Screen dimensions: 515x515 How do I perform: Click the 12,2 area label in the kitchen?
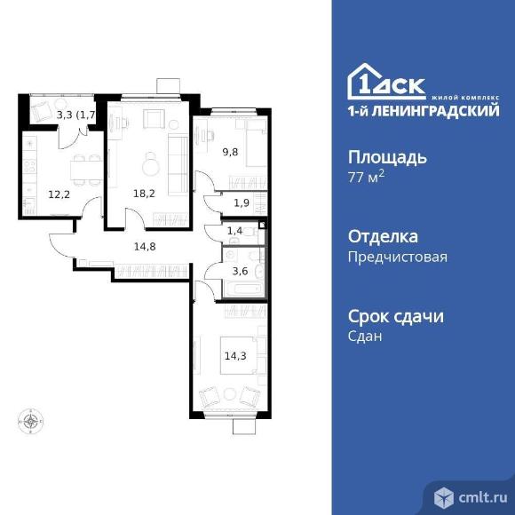pos(59,194)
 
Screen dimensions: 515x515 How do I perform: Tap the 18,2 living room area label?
pos(144,194)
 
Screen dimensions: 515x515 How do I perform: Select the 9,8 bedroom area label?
pos(230,152)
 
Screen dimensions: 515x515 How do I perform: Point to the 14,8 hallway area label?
pos(145,246)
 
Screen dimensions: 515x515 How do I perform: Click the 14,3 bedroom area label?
pos(235,356)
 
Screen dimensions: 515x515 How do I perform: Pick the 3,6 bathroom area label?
pos(240,272)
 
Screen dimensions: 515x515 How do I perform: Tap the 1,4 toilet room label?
pos(234,231)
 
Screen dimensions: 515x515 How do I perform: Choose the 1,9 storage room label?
pos(242,203)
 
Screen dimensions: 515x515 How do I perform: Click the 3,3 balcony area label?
pos(64,115)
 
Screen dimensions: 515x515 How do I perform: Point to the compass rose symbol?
pos(30,421)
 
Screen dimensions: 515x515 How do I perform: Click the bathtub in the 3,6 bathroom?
pos(243,289)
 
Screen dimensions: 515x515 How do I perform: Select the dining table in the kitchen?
pos(85,170)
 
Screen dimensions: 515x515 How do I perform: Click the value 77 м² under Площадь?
pos(366,178)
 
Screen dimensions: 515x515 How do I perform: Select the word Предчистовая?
pos(398,257)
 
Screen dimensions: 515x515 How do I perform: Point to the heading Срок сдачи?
pos(396,317)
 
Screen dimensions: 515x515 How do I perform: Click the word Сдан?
pos(365,337)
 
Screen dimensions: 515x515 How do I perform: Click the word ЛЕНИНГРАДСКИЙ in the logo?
pos(436,111)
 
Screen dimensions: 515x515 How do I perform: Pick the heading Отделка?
pos(383,236)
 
